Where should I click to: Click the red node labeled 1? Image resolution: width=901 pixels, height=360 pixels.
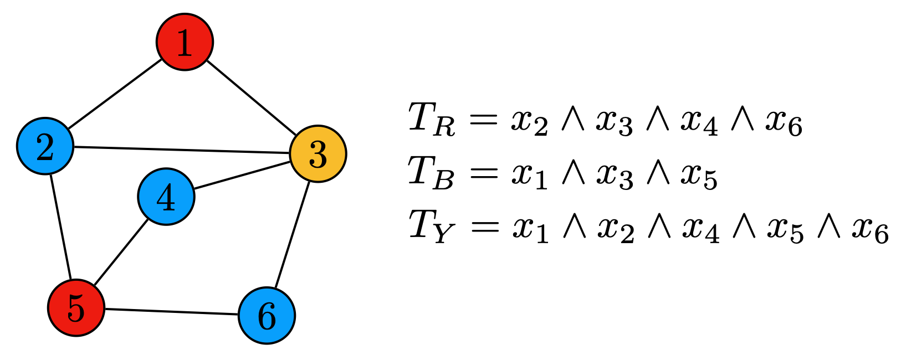coord(185,42)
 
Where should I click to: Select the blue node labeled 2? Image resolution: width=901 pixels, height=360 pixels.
coord(45,146)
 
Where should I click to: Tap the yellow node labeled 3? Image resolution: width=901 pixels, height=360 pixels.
coord(318,154)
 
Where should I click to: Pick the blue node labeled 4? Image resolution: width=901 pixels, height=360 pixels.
coord(166,197)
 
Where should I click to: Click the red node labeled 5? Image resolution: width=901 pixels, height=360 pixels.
coord(76,307)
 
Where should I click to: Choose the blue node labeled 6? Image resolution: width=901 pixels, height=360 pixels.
coord(267,316)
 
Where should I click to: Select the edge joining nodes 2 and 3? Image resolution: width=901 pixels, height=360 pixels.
coord(182,150)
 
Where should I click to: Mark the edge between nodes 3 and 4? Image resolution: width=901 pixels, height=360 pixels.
coord(242,175)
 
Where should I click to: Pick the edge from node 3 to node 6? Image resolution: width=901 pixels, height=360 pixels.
coord(292,235)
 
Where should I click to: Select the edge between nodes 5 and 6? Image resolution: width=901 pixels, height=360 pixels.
coord(171,312)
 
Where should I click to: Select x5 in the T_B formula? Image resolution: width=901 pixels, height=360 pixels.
coord(699,177)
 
